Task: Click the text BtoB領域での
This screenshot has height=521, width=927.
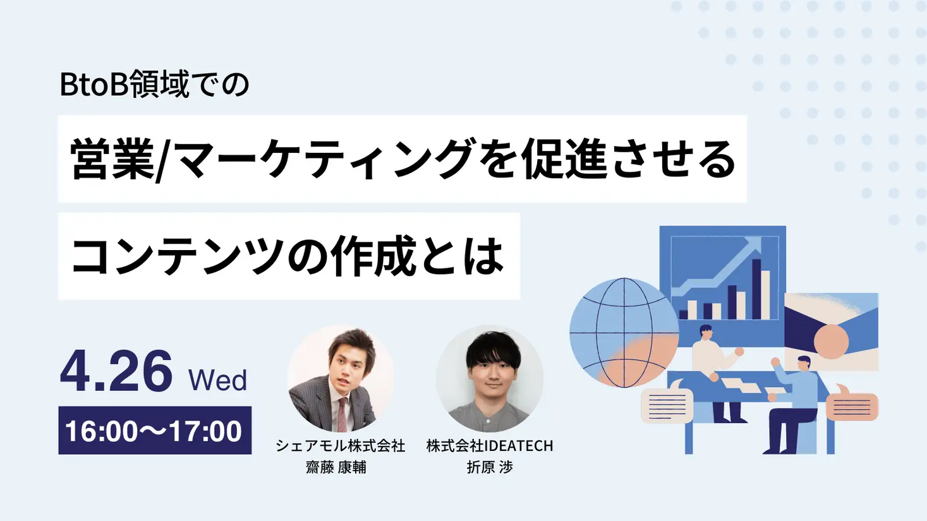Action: click(x=154, y=85)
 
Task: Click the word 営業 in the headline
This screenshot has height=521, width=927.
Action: click(x=111, y=159)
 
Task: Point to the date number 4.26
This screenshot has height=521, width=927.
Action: click(x=116, y=371)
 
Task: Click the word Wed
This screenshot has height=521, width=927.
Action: click(x=217, y=380)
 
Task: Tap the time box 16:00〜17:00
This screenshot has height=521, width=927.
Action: click(x=154, y=431)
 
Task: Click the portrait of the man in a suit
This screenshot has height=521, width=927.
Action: click(x=341, y=379)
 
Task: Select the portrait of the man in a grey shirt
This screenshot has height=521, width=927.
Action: click(x=489, y=379)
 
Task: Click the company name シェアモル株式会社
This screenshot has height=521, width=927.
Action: click(x=340, y=446)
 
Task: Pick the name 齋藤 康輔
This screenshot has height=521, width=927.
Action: click(x=336, y=467)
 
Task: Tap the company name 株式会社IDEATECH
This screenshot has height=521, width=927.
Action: click(x=489, y=446)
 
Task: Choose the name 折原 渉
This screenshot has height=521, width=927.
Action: click(x=489, y=467)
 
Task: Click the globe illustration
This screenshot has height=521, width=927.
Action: click(x=623, y=332)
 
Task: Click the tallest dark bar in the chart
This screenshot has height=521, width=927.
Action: click(x=756, y=289)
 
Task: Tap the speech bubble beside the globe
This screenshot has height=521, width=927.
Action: click(x=667, y=404)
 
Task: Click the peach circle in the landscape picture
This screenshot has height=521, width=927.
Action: click(x=831, y=341)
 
